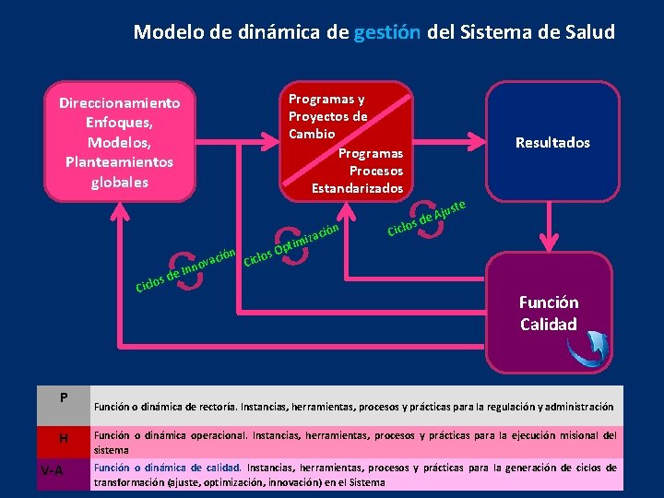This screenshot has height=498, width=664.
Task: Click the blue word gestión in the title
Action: click(386, 32)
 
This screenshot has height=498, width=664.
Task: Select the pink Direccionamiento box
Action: click(119, 142)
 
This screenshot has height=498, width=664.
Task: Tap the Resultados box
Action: click(552, 142)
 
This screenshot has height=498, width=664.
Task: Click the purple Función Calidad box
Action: click(548, 313)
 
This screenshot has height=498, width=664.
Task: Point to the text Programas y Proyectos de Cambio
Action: click(327, 116)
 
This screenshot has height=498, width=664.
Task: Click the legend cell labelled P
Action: click(64, 398)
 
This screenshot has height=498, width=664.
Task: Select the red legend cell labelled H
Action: click(64, 437)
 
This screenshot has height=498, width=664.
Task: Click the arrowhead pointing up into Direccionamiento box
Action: click(119, 210)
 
